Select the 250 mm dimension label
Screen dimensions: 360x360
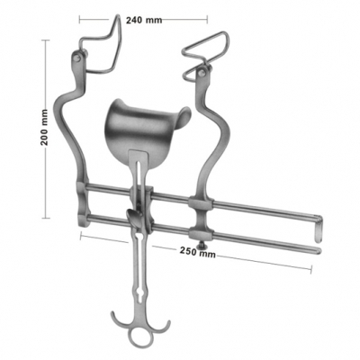point(195,255)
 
